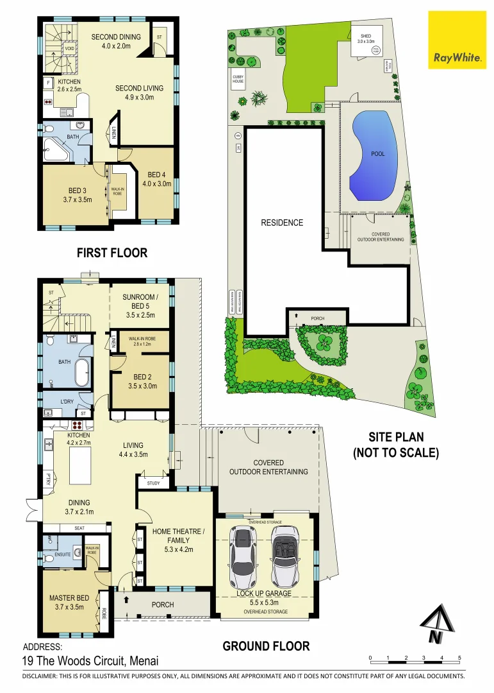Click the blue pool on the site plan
pyautogui.click(x=373, y=156)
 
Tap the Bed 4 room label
pyautogui.click(x=157, y=179)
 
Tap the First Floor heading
pyautogui.click(x=112, y=253)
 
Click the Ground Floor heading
pyautogui.click(x=266, y=646)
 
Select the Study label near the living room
pyautogui.click(x=154, y=483)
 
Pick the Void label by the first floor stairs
pyautogui.click(x=68, y=47)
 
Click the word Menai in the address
pyautogui.click(x=143, y=661)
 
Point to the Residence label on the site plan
pyautogui.click(x=282, y=223)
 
